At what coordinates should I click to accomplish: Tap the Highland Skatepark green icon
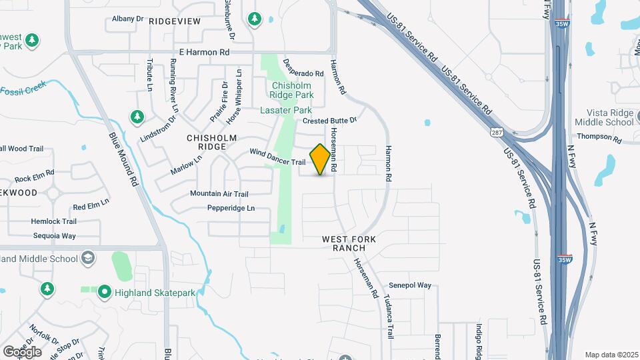104,292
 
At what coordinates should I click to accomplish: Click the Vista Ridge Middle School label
609,117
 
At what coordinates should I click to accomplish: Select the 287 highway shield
497,133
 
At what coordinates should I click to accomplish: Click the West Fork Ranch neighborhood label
349,243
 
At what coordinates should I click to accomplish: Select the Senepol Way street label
410,285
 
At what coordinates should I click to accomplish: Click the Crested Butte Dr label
330,121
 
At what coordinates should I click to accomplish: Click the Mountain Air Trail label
219,194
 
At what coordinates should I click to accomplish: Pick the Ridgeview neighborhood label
175,21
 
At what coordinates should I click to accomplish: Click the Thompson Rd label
599,137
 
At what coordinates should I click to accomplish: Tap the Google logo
22,351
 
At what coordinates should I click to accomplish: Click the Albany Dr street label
128,19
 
